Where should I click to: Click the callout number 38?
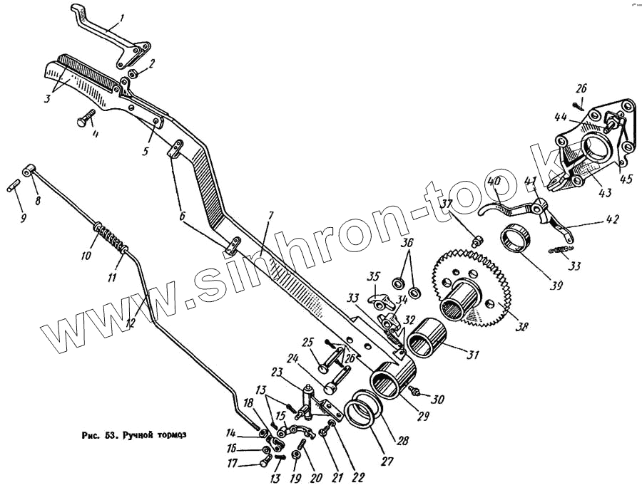tap(523, 327)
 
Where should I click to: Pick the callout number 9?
tap(21, 218)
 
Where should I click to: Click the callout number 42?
tap(613, 219)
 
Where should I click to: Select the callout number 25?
tap(308, 343)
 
